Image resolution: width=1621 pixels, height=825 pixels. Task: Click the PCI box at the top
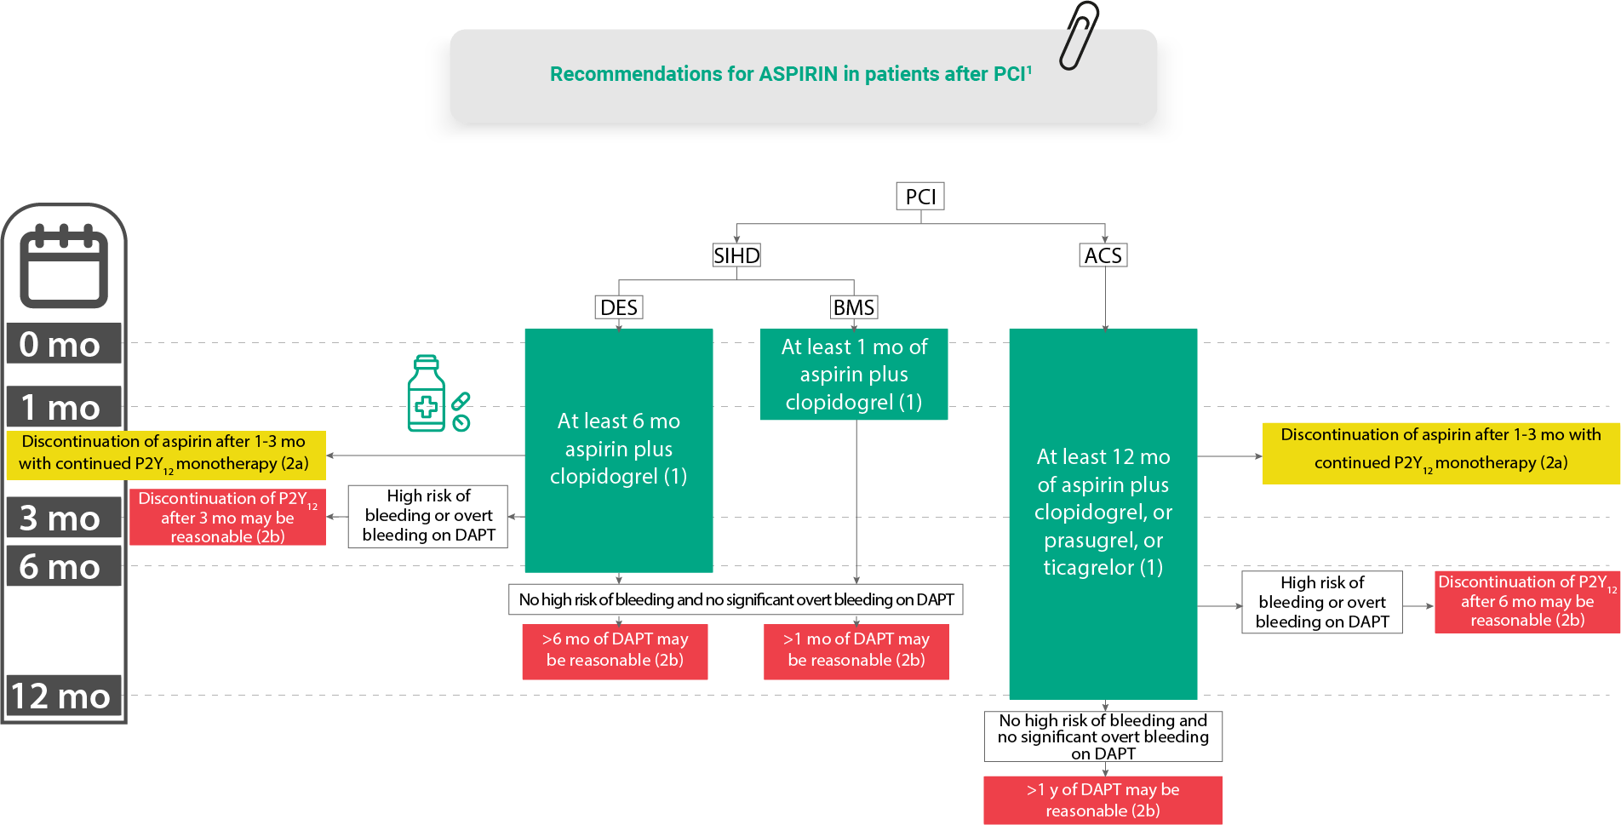(920, 197)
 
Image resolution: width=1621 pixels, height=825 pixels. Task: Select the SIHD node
(736, 255)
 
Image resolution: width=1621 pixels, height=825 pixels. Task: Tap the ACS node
(1103, 255)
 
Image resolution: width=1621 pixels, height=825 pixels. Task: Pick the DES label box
(619, 307)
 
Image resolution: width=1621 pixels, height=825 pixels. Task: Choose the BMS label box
(854, 307)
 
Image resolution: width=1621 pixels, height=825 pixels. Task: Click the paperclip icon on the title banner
(1079, 35)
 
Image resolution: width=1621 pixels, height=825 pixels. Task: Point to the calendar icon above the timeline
(64, 266)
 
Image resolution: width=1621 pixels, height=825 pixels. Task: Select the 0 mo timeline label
(61, 344)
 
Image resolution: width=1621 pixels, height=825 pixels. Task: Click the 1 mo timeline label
(61, 408)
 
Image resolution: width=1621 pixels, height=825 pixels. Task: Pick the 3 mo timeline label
(61, 518)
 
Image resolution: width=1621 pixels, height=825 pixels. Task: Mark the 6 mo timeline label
(61, 566)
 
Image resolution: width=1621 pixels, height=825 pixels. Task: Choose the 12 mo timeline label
(61, 696)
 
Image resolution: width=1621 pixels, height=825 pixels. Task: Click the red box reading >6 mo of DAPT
(615, 650)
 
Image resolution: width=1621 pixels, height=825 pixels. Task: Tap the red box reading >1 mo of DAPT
(856, 650)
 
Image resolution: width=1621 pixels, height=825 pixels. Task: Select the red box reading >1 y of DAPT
(1103, 800)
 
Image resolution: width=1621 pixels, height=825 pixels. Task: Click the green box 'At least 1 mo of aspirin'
(854, 375)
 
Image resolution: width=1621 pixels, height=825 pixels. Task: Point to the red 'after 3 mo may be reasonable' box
(227, 517)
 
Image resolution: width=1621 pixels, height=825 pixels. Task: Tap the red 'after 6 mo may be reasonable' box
(1527, 601)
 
